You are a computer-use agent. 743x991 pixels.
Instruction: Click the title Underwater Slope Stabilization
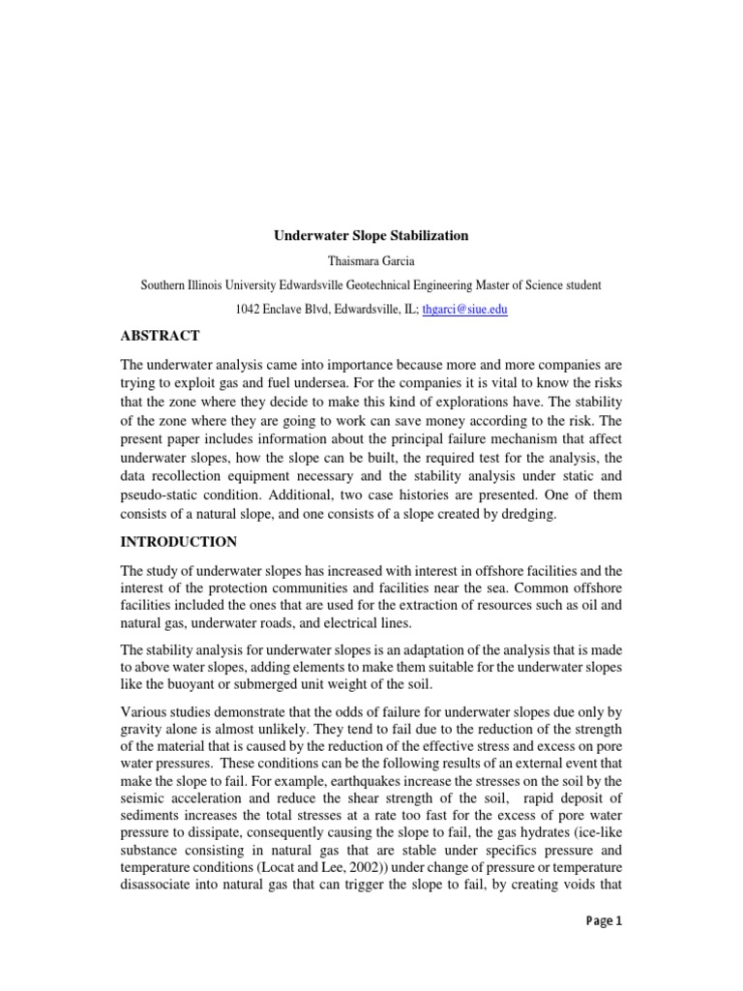(x=371, y=235)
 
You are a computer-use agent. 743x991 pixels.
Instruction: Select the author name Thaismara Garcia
(x=371, y=260)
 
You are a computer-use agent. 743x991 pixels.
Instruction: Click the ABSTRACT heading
(x=160, y=336)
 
